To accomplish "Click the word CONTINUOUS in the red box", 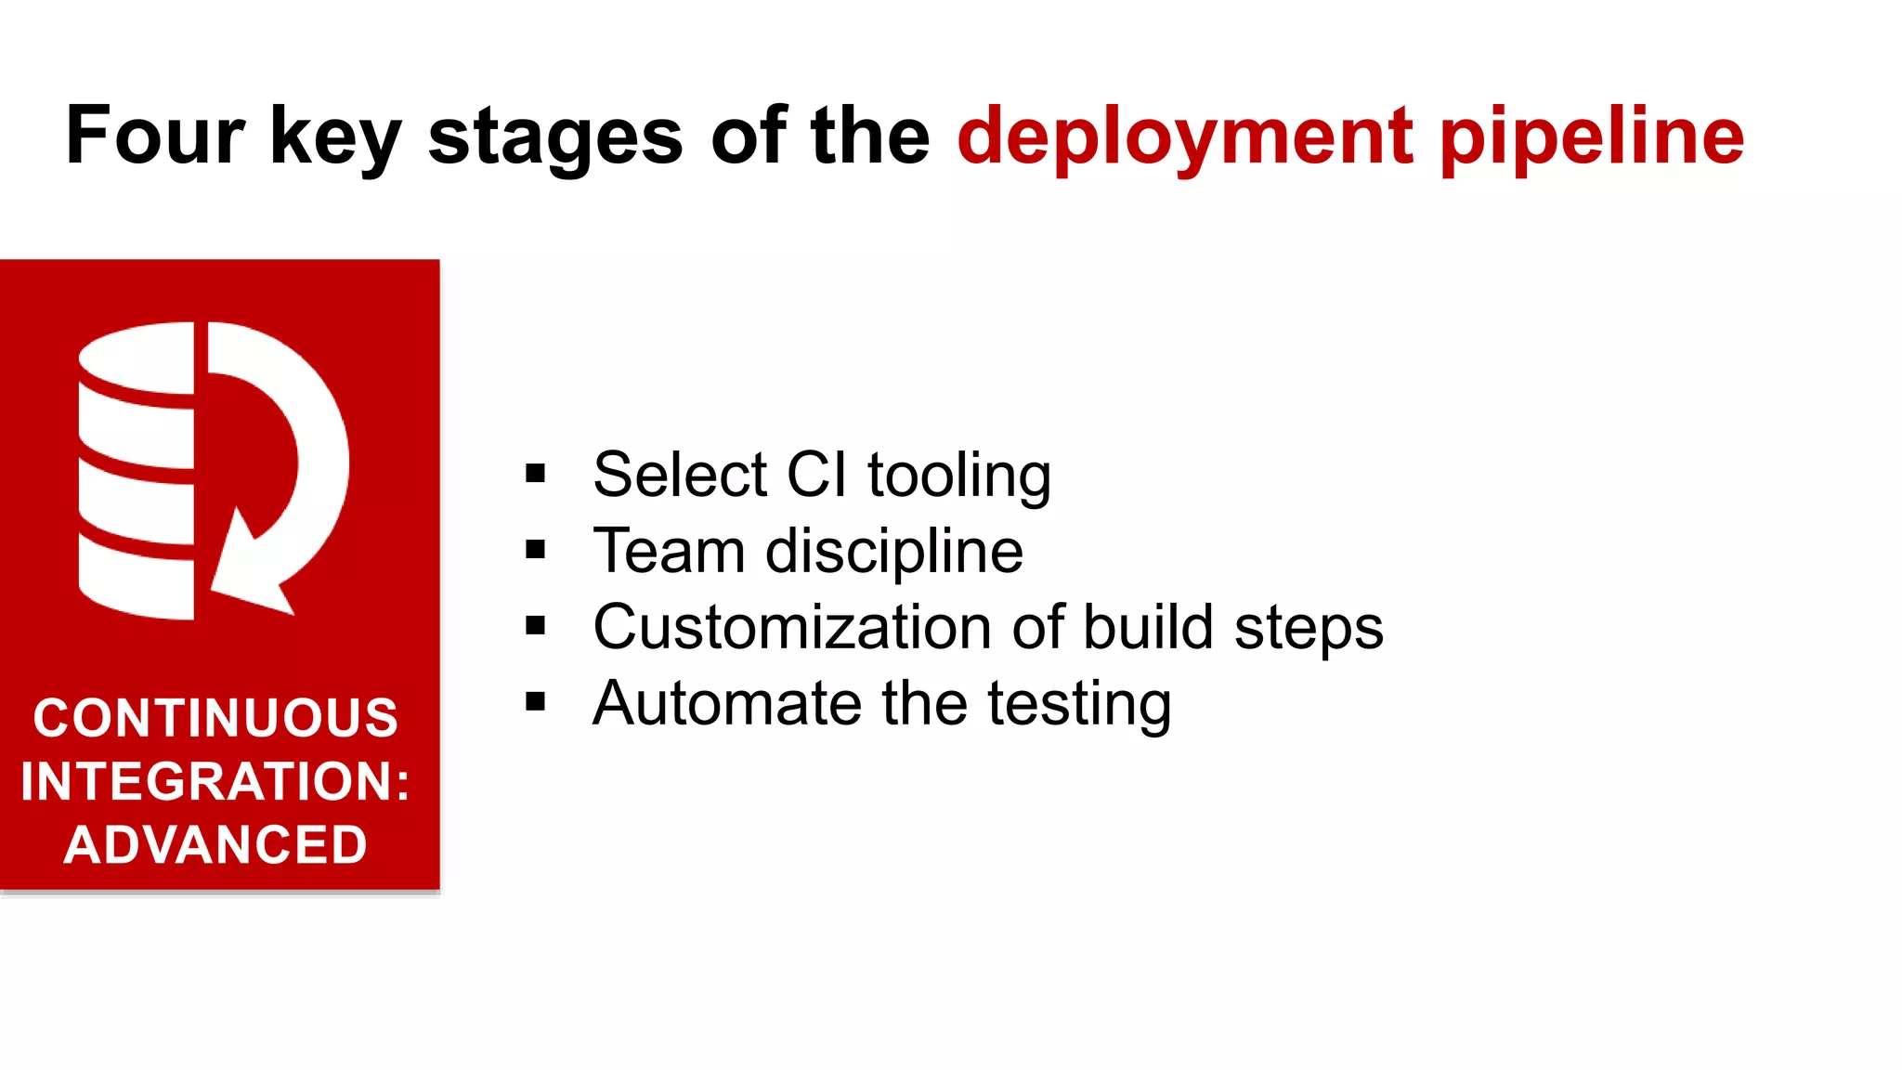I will [x=215, y=718].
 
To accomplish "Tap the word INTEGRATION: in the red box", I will [x=215, y=781].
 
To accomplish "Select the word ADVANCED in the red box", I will [x=215, y=845].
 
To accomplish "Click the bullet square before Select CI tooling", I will [x=535, y=474].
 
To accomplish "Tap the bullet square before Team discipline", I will [x=535, y=550].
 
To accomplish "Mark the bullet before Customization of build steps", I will [x=535, y=626].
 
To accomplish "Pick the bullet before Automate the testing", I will [x=535, y=702].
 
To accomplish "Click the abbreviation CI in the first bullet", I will [x=816, y=475].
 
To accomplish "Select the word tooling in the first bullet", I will [x=959, y=476].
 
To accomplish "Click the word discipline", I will [x=893, y=552].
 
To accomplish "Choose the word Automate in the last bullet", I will [x=727, y=703].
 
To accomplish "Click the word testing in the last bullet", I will [x=1079, y=705].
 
